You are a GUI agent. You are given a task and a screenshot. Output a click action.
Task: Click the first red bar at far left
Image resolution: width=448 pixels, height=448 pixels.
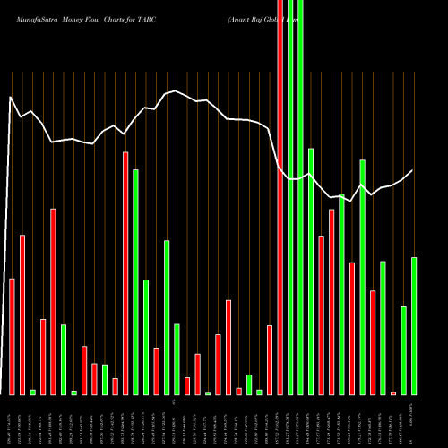click(x=12, y=336)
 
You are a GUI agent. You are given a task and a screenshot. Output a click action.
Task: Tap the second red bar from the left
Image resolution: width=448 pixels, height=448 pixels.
click(x=22, y=314)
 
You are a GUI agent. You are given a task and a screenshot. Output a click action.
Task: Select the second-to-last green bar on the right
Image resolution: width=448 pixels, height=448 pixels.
click(x=403, y=349)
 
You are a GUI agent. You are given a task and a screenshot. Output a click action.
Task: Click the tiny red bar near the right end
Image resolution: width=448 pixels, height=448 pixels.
click(x=393, y=392)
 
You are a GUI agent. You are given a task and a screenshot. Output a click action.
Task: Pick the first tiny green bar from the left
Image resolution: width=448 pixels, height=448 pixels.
click(x=32, y=392)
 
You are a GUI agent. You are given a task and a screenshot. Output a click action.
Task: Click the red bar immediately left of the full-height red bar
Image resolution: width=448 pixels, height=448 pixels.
click(x=269, y=359)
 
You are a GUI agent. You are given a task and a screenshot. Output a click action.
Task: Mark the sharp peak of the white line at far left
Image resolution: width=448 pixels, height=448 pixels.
click(x=10, y=97)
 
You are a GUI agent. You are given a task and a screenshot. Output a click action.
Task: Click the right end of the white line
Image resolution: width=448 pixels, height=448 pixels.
click(x=413, y=170)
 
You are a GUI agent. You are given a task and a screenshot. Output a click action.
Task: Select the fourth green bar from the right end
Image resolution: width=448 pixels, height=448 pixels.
click(x=362, y=277)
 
